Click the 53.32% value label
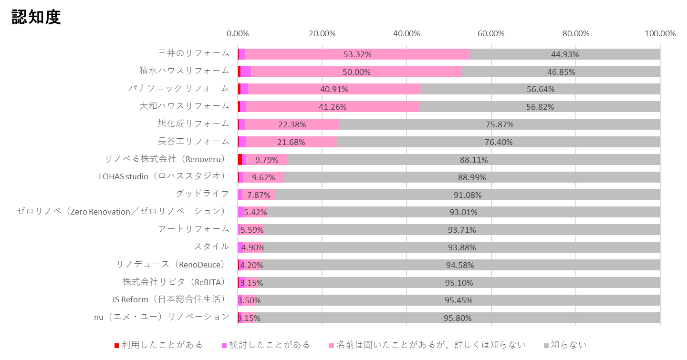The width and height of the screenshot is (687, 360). coord(357,54)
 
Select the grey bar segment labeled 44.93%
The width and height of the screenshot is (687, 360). coord(565,54)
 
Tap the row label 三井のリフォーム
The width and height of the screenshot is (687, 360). coord(193,53)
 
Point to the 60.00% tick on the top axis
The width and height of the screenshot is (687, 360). coord(491,33)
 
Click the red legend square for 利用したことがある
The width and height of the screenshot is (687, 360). coord(117,345)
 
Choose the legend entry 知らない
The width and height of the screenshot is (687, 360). coord(568,344)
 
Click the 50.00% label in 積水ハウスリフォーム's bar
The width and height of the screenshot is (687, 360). coord(356,72)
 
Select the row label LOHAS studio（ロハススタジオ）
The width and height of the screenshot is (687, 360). coord(162,176)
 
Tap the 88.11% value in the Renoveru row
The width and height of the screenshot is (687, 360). coord(474,160)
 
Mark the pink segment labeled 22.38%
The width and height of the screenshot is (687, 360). coord(291,124)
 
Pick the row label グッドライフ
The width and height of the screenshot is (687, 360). coord(202,194)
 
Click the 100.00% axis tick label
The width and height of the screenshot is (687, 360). coord(660,33)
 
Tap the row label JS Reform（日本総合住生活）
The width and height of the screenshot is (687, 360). coord(168,299)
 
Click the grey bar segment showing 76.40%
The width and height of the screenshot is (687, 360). coord(499,142)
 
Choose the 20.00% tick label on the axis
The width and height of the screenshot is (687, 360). coord(322,33)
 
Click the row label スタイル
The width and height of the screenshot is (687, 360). coord(211,247)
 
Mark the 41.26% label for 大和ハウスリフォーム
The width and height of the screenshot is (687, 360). coord(333,107)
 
